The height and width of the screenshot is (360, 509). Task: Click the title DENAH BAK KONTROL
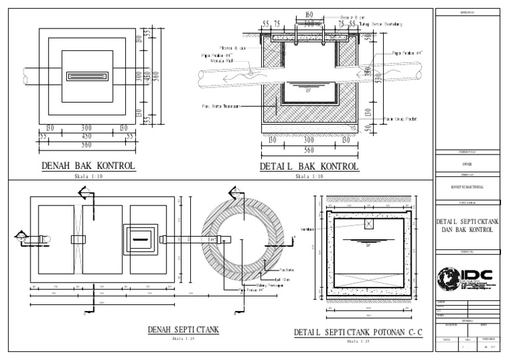tap(88, 165)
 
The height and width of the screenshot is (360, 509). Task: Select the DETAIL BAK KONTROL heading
tap(309, 166)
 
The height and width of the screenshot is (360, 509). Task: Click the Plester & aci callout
tap(231, 47)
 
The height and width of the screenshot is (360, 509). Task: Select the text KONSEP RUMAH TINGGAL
tap(467, 188)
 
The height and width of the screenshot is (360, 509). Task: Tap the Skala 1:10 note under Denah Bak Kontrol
tap(88, 177)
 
